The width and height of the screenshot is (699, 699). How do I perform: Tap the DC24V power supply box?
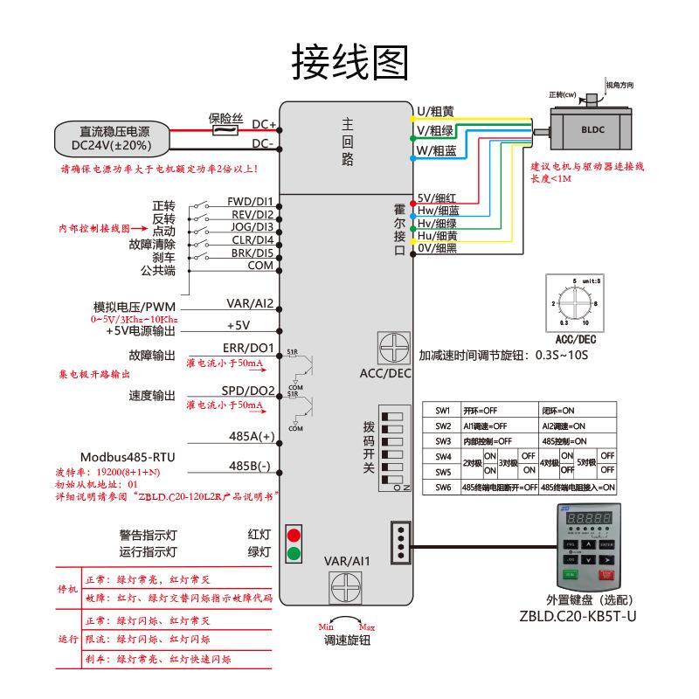[x=110, y=138]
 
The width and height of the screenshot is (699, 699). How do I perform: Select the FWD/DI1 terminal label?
[x=250, y=201]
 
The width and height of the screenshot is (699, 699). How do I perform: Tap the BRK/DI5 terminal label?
[x=251, y=253]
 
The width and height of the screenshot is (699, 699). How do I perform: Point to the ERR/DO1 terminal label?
[x=252, y=349]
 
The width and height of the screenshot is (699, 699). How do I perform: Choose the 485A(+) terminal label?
[x=252, y=435]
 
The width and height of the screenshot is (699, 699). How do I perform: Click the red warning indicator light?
[x=294, y=534]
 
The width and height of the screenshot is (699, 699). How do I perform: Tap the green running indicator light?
[x=294, y=552]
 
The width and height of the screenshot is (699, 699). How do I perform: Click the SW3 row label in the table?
[x=442, y=441]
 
